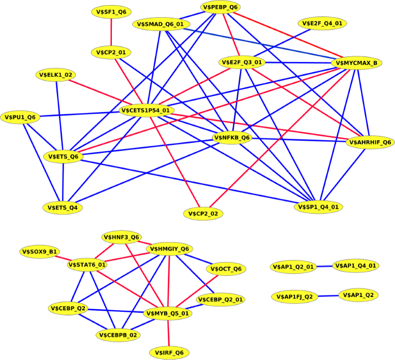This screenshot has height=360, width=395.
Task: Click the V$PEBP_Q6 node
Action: click(221, 7)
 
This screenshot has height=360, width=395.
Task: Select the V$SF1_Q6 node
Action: click(111, 11)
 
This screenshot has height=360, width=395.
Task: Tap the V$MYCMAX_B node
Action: click(356, 63)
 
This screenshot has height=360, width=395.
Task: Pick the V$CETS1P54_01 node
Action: click(147, 110)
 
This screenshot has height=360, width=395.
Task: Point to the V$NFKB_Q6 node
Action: click(232, 138)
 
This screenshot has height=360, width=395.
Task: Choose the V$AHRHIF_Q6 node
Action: click(370, 142)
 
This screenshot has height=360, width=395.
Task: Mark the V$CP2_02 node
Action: click(203, 214)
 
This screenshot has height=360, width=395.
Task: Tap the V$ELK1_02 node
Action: click(56, 75)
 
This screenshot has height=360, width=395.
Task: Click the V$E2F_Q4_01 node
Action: click(323, 23)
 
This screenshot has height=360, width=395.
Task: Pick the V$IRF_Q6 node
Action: click(170, 352)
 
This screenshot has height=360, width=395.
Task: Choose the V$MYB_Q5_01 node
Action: click(168, 313)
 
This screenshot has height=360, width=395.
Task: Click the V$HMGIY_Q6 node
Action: click(169, 249)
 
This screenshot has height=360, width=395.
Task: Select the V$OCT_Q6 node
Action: click(226, 269)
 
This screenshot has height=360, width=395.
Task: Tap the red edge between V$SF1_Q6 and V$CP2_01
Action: click(111, 31)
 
